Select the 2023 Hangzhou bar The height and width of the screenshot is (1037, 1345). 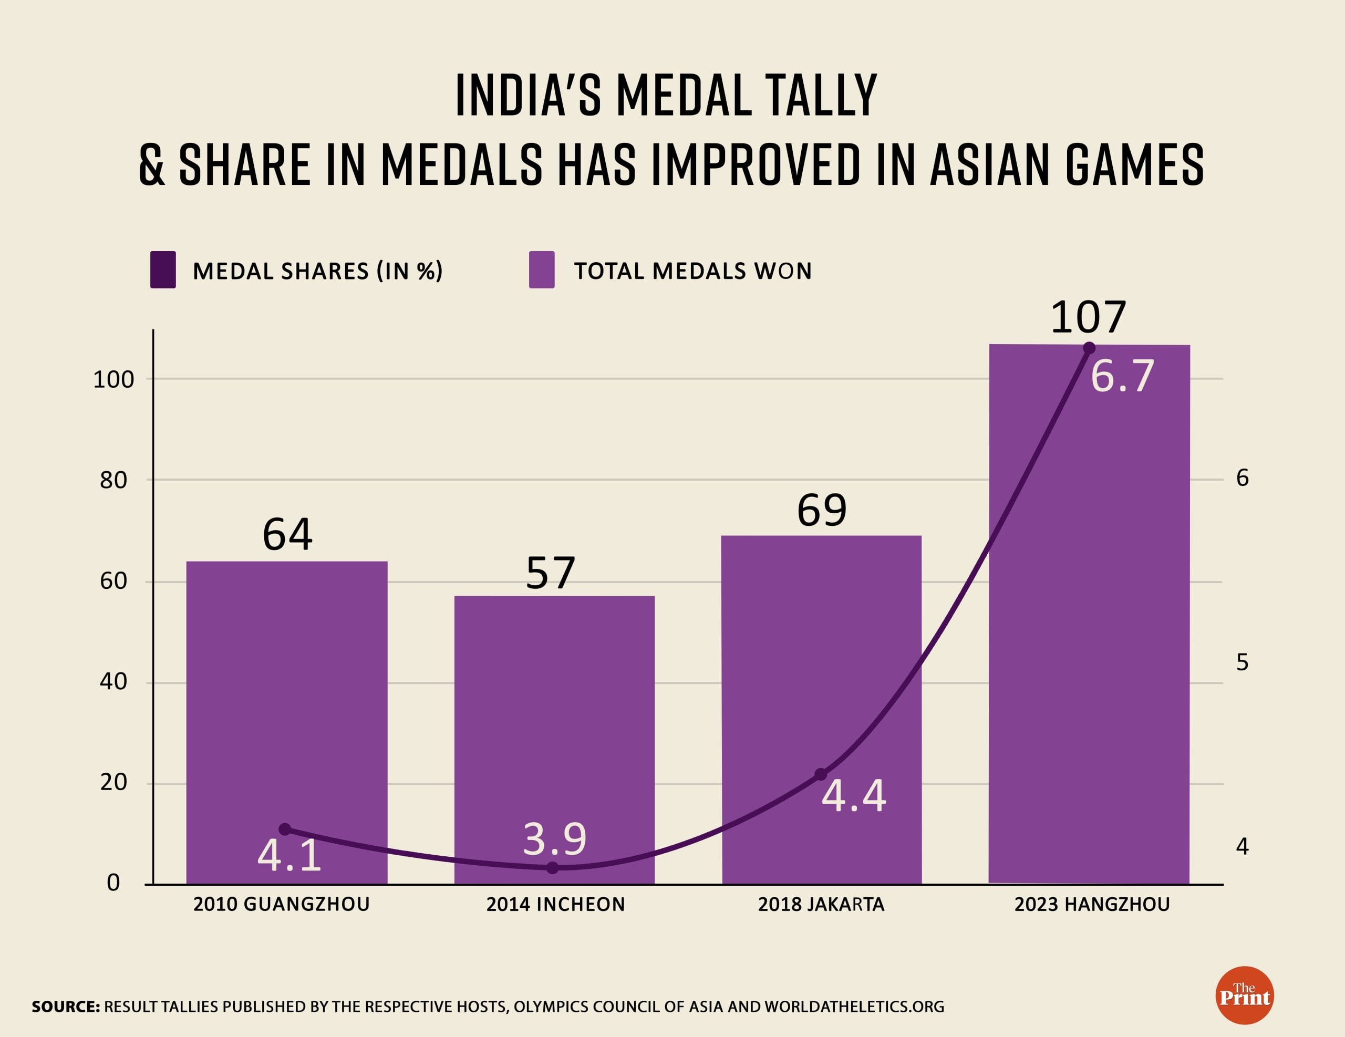[1089, 616]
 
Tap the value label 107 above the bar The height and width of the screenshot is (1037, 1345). [1088, 318]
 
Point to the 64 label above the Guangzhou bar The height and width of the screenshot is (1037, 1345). [287, 534]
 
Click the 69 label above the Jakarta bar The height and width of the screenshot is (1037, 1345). [822, 510]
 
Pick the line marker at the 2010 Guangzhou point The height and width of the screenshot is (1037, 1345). [285, 829]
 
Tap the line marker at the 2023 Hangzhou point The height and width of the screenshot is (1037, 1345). [1089, 348]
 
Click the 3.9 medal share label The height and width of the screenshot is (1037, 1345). [555, 839]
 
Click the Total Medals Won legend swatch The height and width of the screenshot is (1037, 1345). [541, 269]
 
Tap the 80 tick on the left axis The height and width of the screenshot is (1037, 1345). [113, 480]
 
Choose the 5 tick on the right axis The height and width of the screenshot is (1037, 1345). [1242, 662]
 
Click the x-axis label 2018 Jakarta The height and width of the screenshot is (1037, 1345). [821, 904]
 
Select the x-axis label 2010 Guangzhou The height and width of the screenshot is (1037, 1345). [282, 904]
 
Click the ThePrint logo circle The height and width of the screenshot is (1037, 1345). [1245, 995]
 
